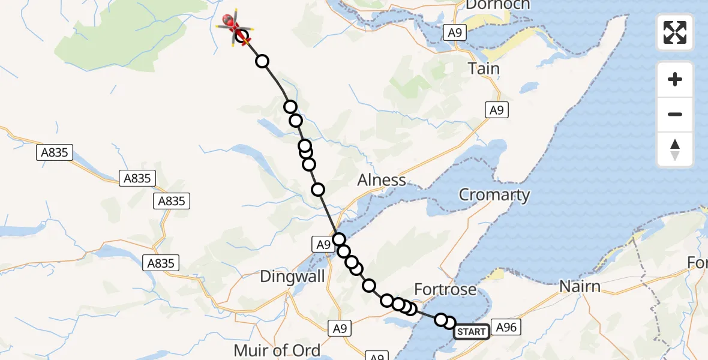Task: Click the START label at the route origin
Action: coord(472,331)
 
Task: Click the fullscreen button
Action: coord(675,32)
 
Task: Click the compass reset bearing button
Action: coord(675,149)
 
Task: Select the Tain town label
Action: coord(484,68)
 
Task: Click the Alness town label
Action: coord(381,180)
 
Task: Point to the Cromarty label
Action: coord(494,194)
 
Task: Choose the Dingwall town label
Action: coord(292,277)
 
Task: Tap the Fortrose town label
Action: coord(445,290)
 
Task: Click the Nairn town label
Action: coord(580,286)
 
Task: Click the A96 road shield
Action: coord(505,327)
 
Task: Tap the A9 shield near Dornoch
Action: coord(455,33)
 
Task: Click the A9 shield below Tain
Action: coord(496,110)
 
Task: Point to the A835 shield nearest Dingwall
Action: coord(160,263)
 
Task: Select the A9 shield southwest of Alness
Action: coord(323,244)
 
